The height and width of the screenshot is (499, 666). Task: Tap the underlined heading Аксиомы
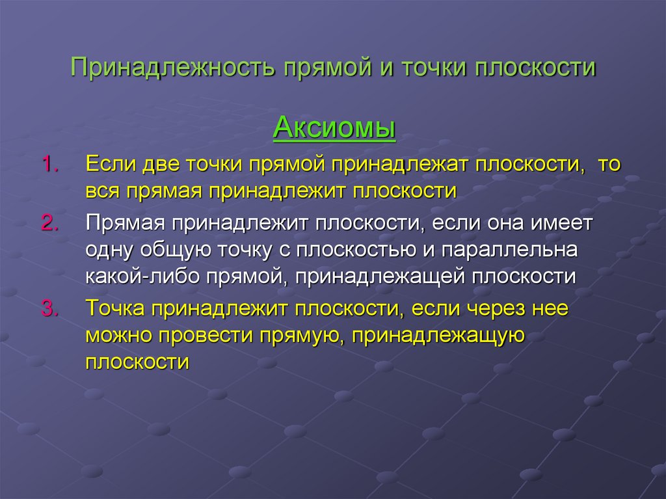(334, 126)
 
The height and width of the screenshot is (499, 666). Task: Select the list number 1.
(50, 165)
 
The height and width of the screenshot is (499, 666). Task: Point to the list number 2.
(50, 223)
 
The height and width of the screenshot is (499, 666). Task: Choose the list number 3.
(50, 309)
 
